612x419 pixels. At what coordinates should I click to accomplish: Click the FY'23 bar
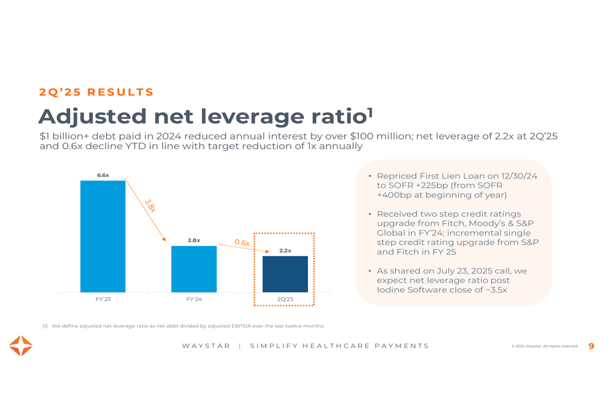[x=103, y=236]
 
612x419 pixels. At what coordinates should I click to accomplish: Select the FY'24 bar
[x=194, y=269]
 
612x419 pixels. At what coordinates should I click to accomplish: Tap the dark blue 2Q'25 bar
[x=285, y=274]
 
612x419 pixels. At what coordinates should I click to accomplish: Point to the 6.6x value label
[x=103, y=176]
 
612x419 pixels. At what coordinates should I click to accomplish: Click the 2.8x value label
[x=194, y=240]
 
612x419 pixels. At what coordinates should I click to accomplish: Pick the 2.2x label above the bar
[x=285, y=251]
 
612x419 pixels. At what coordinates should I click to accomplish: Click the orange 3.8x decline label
[x=150, y=206]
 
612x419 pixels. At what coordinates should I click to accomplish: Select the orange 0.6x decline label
[x=242, y=243]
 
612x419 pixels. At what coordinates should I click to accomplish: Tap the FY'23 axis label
[x=103, y=299]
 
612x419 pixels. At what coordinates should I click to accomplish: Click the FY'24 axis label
[x=194, y=299]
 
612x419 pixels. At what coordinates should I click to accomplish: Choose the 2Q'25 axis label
[x=285, y=299]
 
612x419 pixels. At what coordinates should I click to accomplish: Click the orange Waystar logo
[x=21, y=346]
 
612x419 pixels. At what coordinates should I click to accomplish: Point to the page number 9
[x=591, y=346]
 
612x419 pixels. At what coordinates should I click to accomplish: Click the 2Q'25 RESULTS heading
[x=96, y=92]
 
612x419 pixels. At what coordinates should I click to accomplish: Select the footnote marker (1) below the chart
[x=45, y=326]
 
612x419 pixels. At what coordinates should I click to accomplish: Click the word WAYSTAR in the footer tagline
[x=206, y=346]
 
